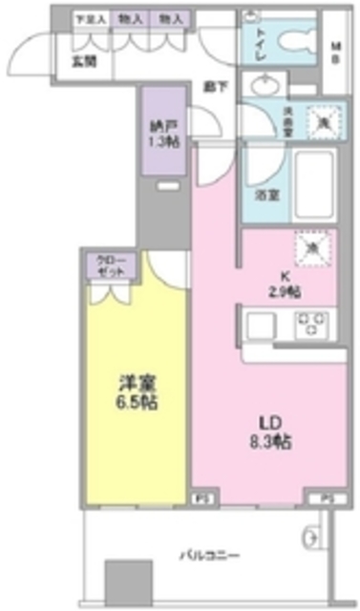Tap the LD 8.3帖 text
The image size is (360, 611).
[x=271, y=432]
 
